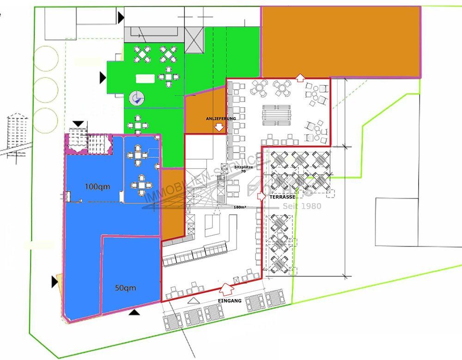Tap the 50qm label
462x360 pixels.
125,288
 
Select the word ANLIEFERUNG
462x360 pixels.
221,119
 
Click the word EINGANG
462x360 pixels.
230,301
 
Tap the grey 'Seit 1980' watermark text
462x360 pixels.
302,206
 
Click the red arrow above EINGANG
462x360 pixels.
226,289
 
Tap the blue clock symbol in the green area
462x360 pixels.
136,97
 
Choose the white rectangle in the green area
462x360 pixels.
145,78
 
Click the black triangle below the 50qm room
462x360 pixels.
134,312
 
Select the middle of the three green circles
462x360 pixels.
46,88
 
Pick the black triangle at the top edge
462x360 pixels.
121,18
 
